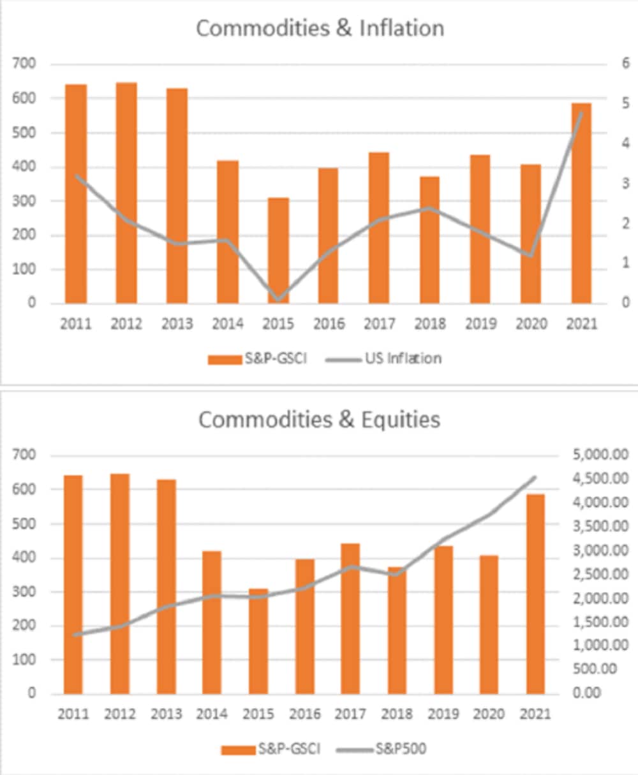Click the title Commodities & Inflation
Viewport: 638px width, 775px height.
(x=320, y=29)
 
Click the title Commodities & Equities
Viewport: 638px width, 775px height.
(x=319, y=420)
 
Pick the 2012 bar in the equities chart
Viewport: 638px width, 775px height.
(x=120, y=583)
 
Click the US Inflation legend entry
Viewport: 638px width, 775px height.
(x=385, y=358)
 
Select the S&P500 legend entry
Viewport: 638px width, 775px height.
(x=387, y=748)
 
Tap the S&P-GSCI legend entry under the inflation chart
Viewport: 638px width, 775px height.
(x=258, y=358)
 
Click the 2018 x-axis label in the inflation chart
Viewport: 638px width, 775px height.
(x=430, y=324)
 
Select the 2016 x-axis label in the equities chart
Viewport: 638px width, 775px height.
(x=305, y=714)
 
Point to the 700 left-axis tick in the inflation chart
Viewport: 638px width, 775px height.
(x=26, y=64)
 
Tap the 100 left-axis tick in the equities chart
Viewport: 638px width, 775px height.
(x=26, y=660)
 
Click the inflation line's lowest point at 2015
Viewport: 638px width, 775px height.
(x=278, y=299)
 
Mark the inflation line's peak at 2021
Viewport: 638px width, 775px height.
(x=581, y=113)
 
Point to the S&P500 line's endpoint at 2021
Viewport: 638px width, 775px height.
(x=535, y=476)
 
